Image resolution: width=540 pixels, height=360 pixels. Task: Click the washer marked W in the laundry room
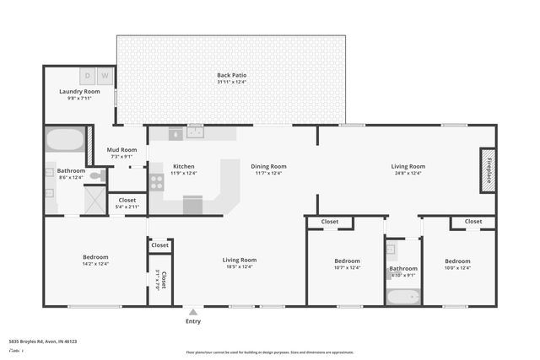[x=105, y=76]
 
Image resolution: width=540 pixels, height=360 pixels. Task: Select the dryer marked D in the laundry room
[x=89, y=76]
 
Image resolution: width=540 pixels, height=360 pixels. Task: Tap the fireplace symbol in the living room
[x=487, y=170]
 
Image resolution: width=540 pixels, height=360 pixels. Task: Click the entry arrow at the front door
[x=193, y=312]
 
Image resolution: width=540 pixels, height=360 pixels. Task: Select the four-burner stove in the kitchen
[x=156, y=180]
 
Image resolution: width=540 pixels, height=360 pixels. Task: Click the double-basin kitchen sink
[x=196, y=132]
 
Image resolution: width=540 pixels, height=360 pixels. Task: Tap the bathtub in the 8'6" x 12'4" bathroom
[x=64, y=139]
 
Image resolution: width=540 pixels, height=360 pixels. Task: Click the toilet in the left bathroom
[x=97, y=176]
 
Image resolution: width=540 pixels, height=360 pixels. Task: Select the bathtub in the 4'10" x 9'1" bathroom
[x=403, y=296]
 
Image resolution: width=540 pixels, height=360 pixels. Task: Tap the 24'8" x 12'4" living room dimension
[x=408, y=174]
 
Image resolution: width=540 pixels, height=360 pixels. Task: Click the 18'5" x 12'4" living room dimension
[x=239, y=267]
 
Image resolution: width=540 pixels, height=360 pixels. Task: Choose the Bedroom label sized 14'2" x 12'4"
[x=95, y=264]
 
